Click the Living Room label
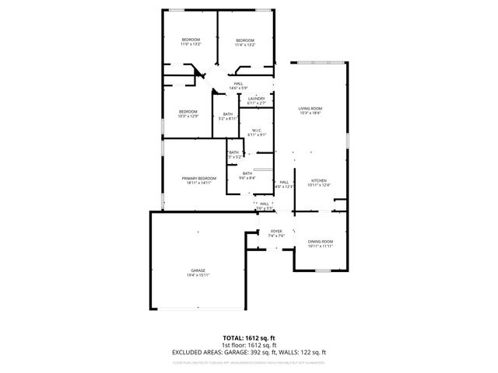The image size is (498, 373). point(310,108)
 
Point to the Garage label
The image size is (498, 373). point(198,270)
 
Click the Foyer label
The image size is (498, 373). point(276,231)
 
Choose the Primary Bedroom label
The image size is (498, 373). point(198,178)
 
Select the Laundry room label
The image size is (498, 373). point(256,98)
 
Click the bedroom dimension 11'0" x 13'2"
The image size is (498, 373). point(191,44)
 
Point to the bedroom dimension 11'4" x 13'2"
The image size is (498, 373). point(245,44)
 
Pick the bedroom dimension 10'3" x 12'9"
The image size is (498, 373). point(188,116)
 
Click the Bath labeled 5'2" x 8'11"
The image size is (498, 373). point(227,118)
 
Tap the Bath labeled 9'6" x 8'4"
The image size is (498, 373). point(247,178)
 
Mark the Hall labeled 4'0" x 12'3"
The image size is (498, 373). point(284,186)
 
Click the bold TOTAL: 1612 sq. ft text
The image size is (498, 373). point(249,338)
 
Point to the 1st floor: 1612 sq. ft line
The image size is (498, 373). point(249,345)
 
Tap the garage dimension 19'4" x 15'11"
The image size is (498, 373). point(198,274)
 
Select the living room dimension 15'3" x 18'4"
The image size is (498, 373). point(310,113)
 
